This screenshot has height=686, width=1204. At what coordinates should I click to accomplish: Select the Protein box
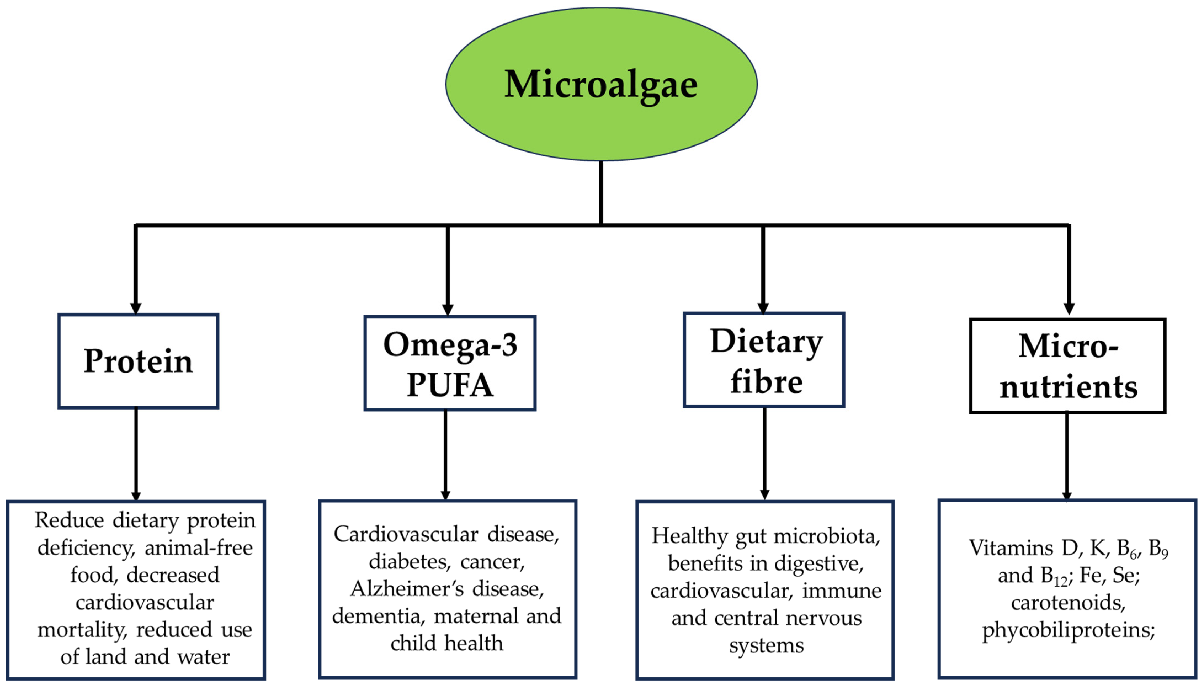coord(138,361)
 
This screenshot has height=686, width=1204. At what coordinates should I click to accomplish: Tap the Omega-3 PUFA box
coord(450,363)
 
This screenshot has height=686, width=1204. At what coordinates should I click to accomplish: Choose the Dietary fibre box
coord(764,360)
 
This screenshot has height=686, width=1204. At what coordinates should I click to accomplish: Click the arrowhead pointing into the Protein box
coord(136,308)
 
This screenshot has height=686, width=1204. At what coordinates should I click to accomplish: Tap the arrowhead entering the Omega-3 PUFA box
coord(448,310)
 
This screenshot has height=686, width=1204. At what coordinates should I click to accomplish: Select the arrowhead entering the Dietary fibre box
coord(763,308)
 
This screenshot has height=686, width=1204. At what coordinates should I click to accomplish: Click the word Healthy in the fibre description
coord(690,536)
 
